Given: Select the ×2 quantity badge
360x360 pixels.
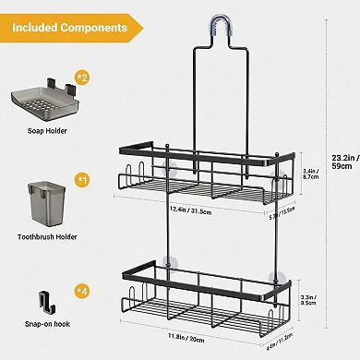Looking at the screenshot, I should pos(80,77).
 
